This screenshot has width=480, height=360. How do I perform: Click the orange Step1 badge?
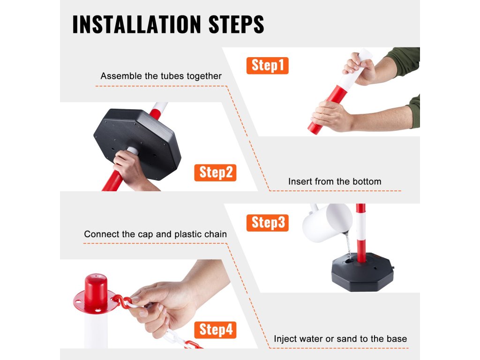pyautogui.click(x=267, y=66)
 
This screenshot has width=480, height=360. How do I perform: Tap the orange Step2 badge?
pyautogui.click(x=215, y=172)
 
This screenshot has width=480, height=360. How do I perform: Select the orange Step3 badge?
pyautogui.click(x=267, y=223)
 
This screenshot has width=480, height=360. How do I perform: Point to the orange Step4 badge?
pyautogui.click(x=215, y=330)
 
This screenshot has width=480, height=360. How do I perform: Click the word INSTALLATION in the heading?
pyautogui.click(x=136, y=24)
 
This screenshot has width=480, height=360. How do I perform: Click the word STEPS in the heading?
pyautogui.click(x=236, y=24)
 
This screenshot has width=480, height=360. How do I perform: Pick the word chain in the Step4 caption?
pyautogui.click(x=216, y=234)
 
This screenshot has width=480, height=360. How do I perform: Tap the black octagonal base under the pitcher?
pyautogui.click(x=362, y=272)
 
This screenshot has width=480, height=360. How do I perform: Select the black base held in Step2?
pyautogui.click(x=138, y=143)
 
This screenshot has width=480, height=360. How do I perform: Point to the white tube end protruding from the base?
pyautogui.click(x=132, y=150)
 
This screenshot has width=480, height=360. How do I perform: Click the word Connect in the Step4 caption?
pyautogui.click(x=101, y=234)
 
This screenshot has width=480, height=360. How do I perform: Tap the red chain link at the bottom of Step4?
pyautogui.click(x=193, y=345)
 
